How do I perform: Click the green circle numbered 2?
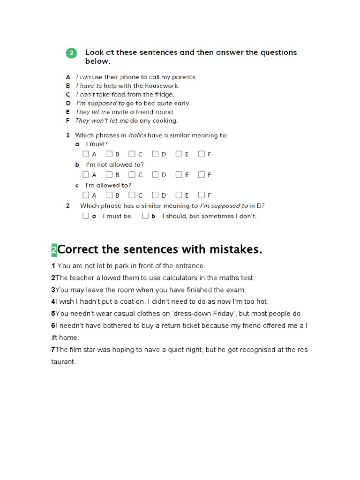click(71, 53)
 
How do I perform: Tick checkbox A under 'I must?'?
click(86, 154)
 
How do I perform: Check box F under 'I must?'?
click(201, 154)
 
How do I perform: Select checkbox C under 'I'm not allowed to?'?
click(132, 174)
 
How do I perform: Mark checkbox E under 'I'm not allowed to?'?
click(179, 174)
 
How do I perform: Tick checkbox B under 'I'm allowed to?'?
click(109, 195)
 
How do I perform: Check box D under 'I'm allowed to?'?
click(156, 195)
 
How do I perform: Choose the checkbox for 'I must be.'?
click(86, 216)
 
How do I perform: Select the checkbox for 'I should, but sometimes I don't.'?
click(145, 216)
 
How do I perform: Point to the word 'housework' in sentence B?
click(163, 86)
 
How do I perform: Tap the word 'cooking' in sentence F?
click(167, 120)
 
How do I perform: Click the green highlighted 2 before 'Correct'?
click(54, 250)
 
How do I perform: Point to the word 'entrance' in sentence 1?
click(190, 266)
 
